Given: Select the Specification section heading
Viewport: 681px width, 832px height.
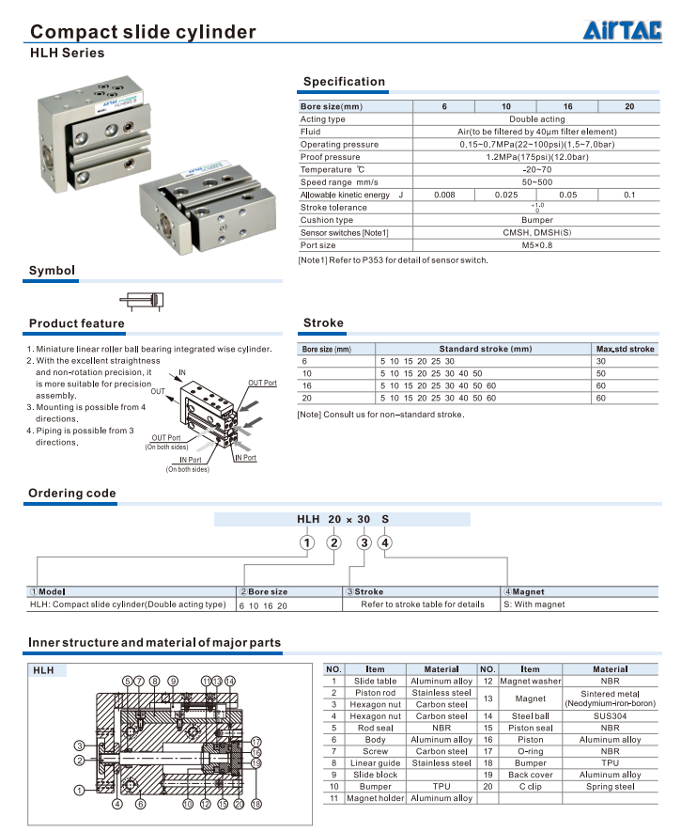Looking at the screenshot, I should (344, 82).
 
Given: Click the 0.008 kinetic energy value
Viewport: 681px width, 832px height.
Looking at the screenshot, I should (444, 195).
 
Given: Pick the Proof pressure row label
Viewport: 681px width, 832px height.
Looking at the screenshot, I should (330, 157).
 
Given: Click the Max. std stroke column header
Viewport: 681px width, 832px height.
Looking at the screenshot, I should (626, 349).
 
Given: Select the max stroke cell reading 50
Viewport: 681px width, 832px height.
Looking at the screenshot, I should (601, 373).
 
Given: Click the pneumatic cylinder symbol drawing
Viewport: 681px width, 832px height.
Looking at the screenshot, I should (141, 301).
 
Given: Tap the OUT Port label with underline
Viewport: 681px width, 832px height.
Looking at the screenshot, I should (262, 384).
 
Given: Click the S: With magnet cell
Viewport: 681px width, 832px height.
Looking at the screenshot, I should (534, 604).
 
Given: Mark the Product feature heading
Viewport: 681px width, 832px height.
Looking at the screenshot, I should (76, 323).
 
